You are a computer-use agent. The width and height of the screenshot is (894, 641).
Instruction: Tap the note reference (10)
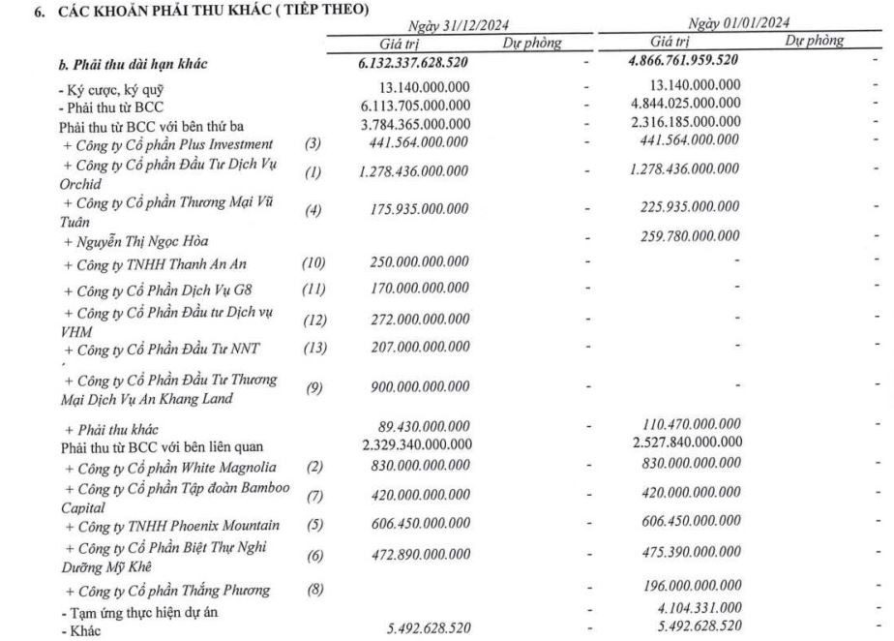(x=314, y=262)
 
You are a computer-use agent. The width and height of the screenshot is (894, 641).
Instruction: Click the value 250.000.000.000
(x=421, y=262)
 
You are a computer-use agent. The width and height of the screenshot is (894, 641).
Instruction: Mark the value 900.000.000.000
(x=421, y=386)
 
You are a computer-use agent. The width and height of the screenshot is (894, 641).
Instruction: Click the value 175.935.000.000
(x=421, y=209)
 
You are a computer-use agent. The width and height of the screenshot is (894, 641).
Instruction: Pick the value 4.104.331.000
(x=700, y=607)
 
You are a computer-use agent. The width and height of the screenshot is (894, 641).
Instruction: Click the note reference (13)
(x=314, y=349)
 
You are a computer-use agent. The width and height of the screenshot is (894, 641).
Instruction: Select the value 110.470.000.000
(x=694, y=426)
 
